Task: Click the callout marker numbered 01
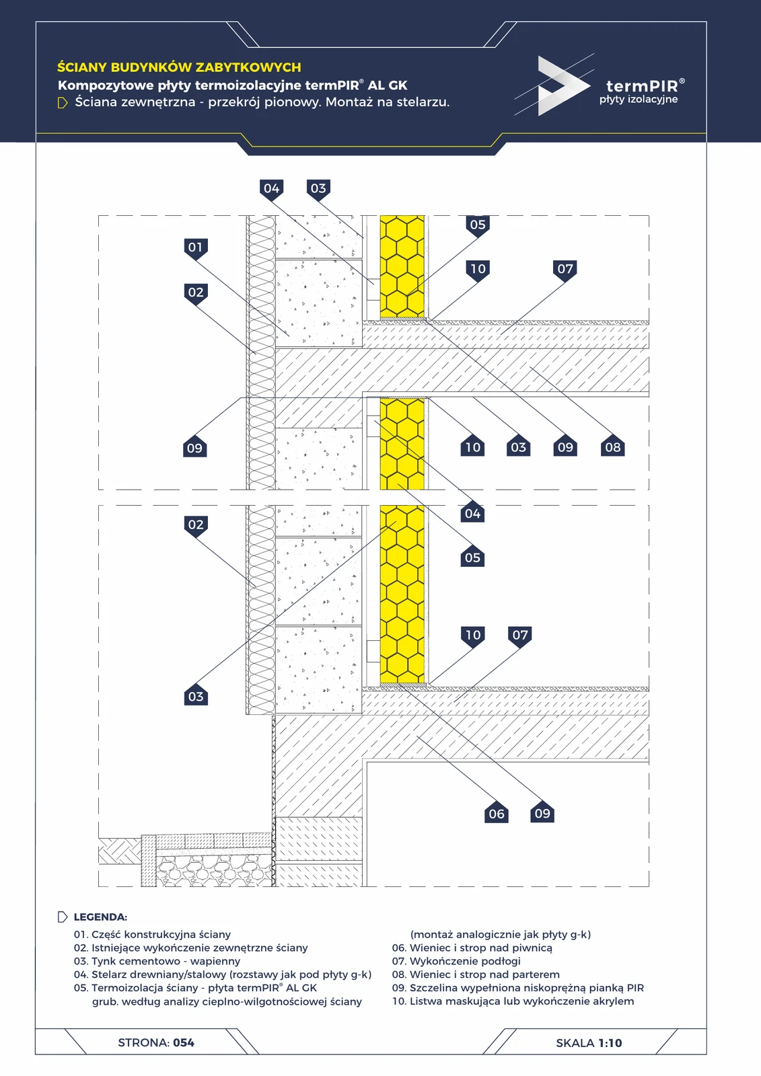pos(195,248)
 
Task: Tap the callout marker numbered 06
pos(496,813)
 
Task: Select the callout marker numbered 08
pos(612,447)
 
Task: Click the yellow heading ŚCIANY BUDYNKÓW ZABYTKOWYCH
pos(179,67)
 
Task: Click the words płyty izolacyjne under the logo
pos(639,100)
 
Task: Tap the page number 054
pos(184,1042)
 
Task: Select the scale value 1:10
pos(610,1043)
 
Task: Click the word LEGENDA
pos(100,917)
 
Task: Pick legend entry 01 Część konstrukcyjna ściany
pos(152,934)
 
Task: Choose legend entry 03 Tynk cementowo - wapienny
pos(157,961)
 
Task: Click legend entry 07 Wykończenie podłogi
pos(456,961)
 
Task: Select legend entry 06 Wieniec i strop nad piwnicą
pos(472,948)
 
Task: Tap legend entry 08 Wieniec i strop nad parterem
pos(476,974)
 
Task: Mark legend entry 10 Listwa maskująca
pos(513,1001)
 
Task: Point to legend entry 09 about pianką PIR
pos(517,988)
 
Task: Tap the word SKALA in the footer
pos(575,1043)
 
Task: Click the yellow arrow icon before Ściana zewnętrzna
pos(63,103)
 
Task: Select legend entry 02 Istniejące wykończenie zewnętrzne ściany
pos(190,948)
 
